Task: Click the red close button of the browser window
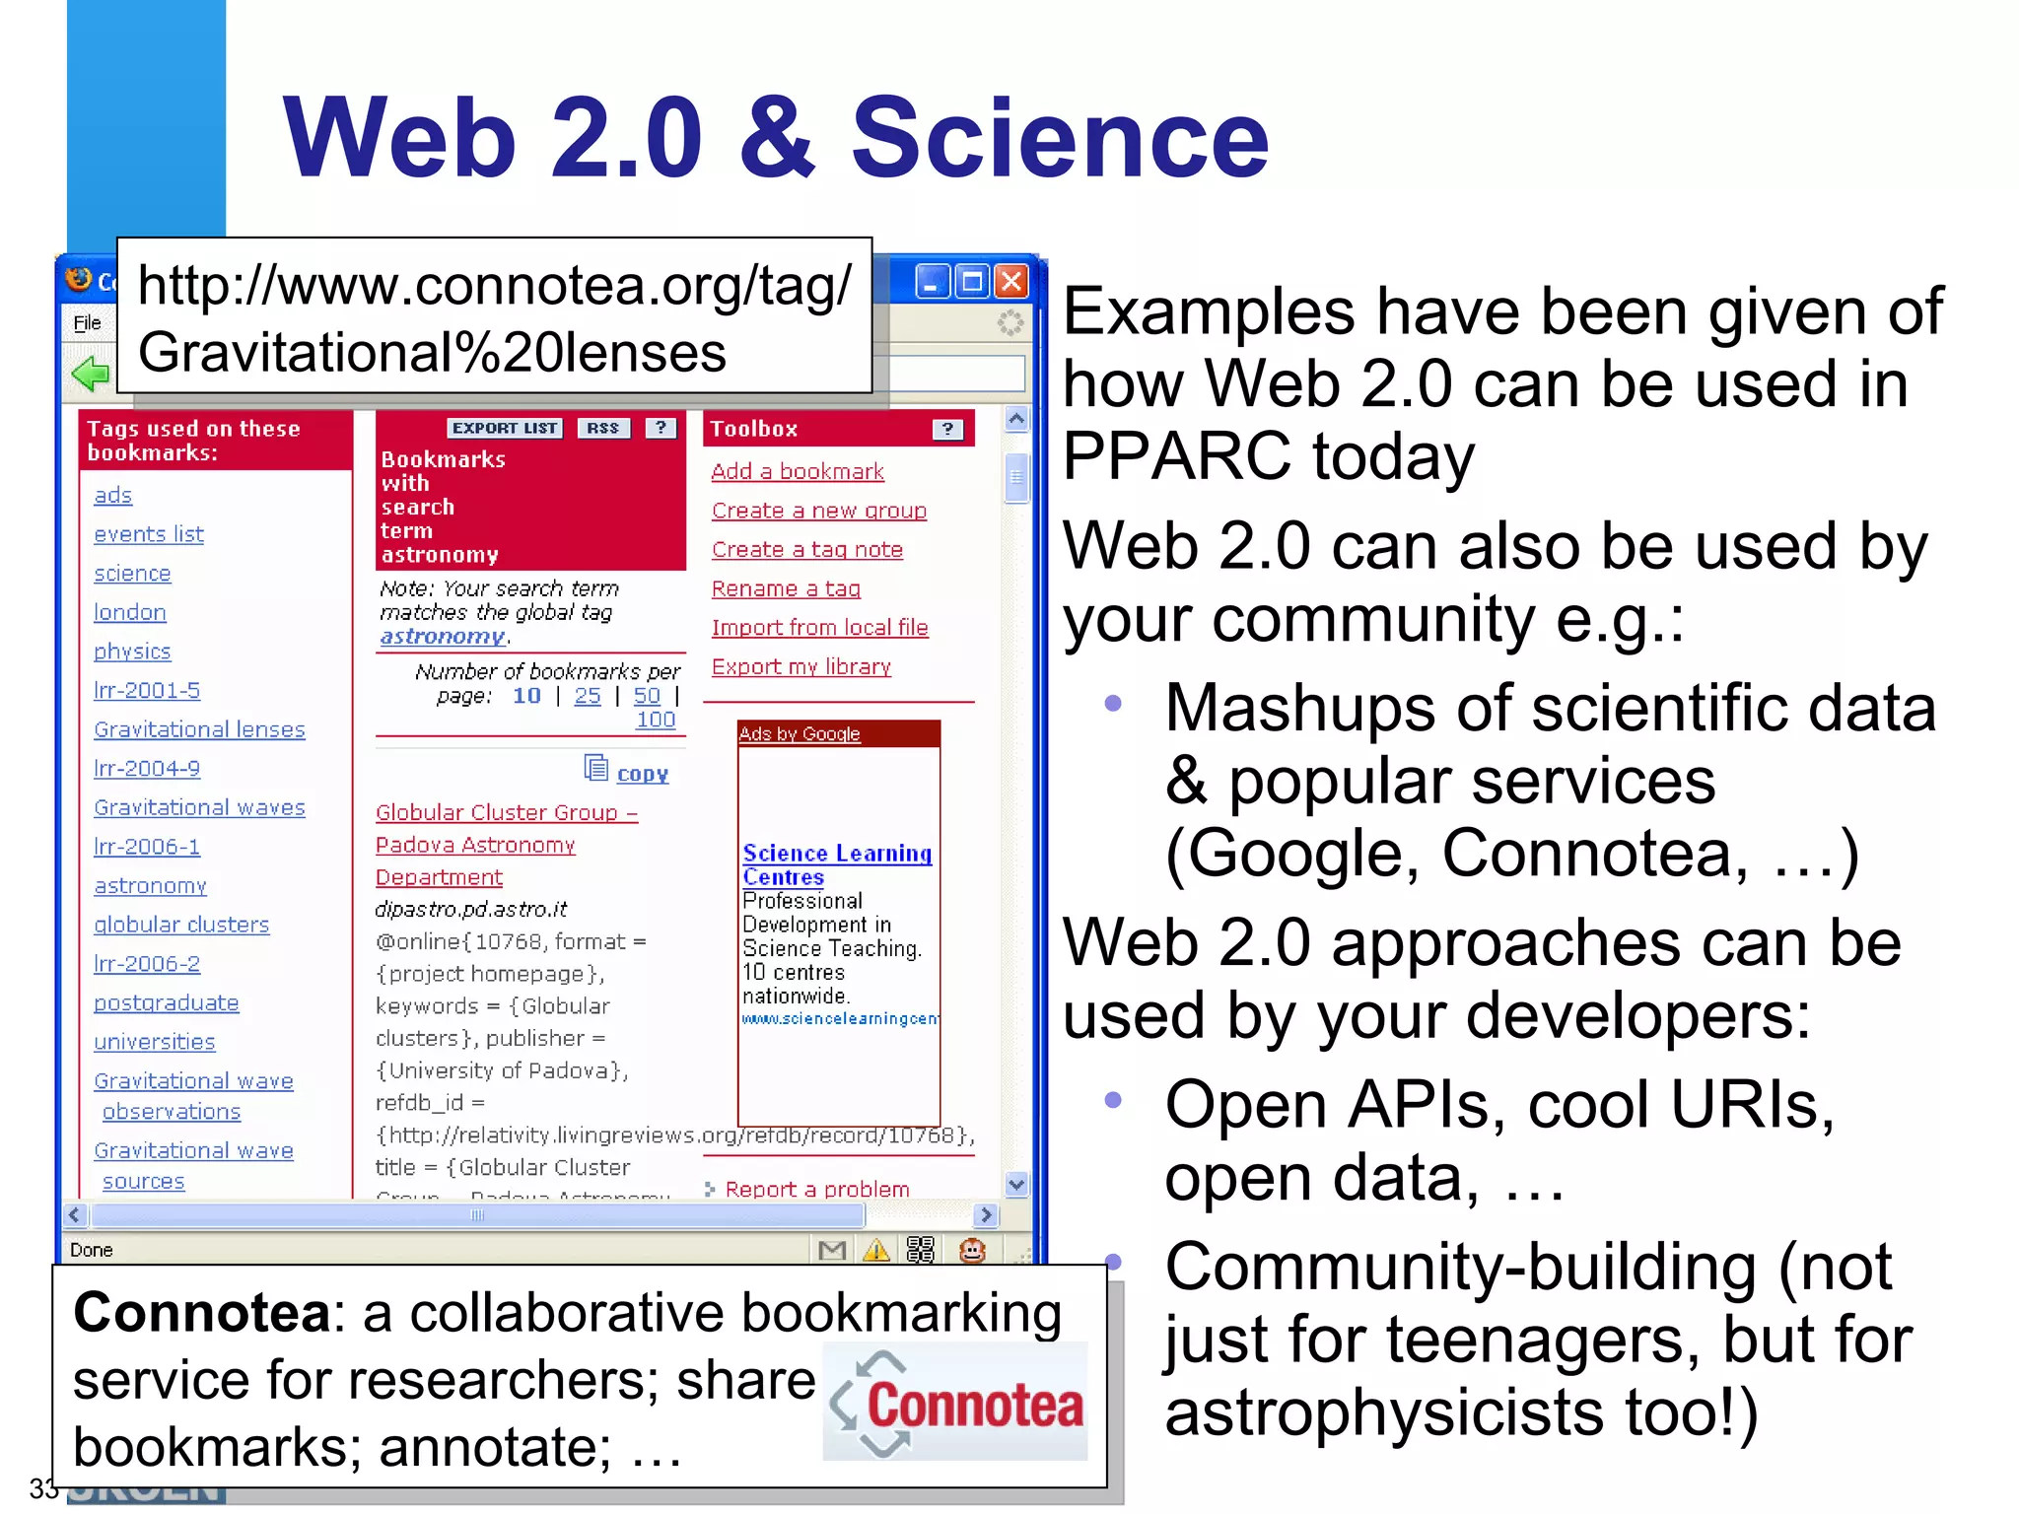coord(1011,282)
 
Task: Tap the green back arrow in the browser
coord(90,374)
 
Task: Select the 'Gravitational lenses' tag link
coord(199,729)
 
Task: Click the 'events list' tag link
coord(149,534)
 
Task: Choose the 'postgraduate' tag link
coord(166,1002)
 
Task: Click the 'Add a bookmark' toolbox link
coord(798,471)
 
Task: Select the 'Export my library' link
coord(801,666)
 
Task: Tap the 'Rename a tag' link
coord(786,588)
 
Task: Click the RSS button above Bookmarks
coord(602,428)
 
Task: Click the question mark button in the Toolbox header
coord(946,429)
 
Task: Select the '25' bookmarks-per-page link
coord(588,696)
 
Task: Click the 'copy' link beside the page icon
coord(642,774)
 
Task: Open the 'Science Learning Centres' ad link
coord(836,864)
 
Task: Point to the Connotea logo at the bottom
coord(954,1403)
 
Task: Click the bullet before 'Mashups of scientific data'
coord(1113,704)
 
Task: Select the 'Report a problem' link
coord(816,1189)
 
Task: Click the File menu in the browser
coord(88,323)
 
